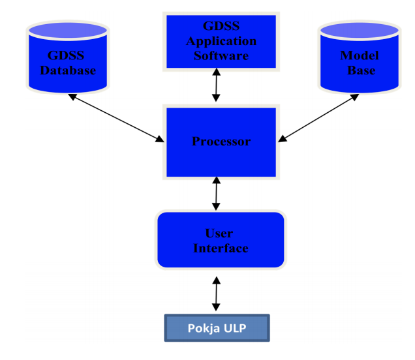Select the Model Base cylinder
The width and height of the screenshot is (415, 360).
[x=358, y=59]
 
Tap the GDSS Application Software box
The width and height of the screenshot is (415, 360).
[x=221, y=40]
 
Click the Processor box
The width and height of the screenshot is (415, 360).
[x=221, y=142]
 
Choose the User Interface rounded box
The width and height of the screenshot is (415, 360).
[x=221, y=240]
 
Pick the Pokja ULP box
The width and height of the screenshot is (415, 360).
[x=217, y=328]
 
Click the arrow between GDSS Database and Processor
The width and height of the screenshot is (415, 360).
[x=115, y=117]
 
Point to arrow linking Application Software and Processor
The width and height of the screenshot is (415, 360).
[x=216, y=85]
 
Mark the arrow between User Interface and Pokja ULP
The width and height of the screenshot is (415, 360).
[x=216, y=293]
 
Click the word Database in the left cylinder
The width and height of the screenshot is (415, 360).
[x=68, y=70]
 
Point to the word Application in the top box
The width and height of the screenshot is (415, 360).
[x=221, y=41]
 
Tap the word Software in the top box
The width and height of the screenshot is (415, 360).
[x=221, y=55]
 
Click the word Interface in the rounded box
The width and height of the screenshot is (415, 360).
[x=221, y=248]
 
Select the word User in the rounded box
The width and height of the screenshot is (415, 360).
[x=219, y=233]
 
